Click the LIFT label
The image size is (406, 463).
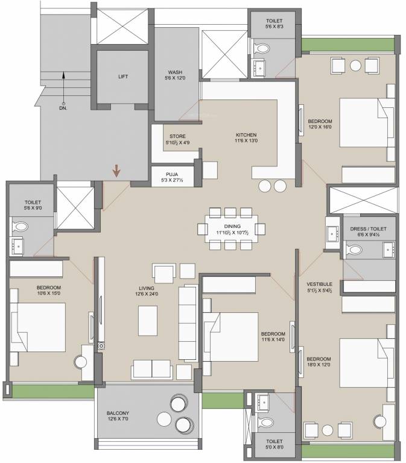point(123,77)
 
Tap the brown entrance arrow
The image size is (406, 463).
point(116,171)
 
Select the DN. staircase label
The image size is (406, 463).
point(63,109)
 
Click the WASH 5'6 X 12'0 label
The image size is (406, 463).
point(175,75)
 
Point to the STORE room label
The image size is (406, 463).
point(177,140)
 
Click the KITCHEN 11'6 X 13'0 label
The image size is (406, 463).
point(246,138)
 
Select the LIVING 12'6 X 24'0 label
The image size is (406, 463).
point(147,291)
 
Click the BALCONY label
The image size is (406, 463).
point(118,416)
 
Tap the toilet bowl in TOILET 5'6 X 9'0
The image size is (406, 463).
point(20,227)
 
